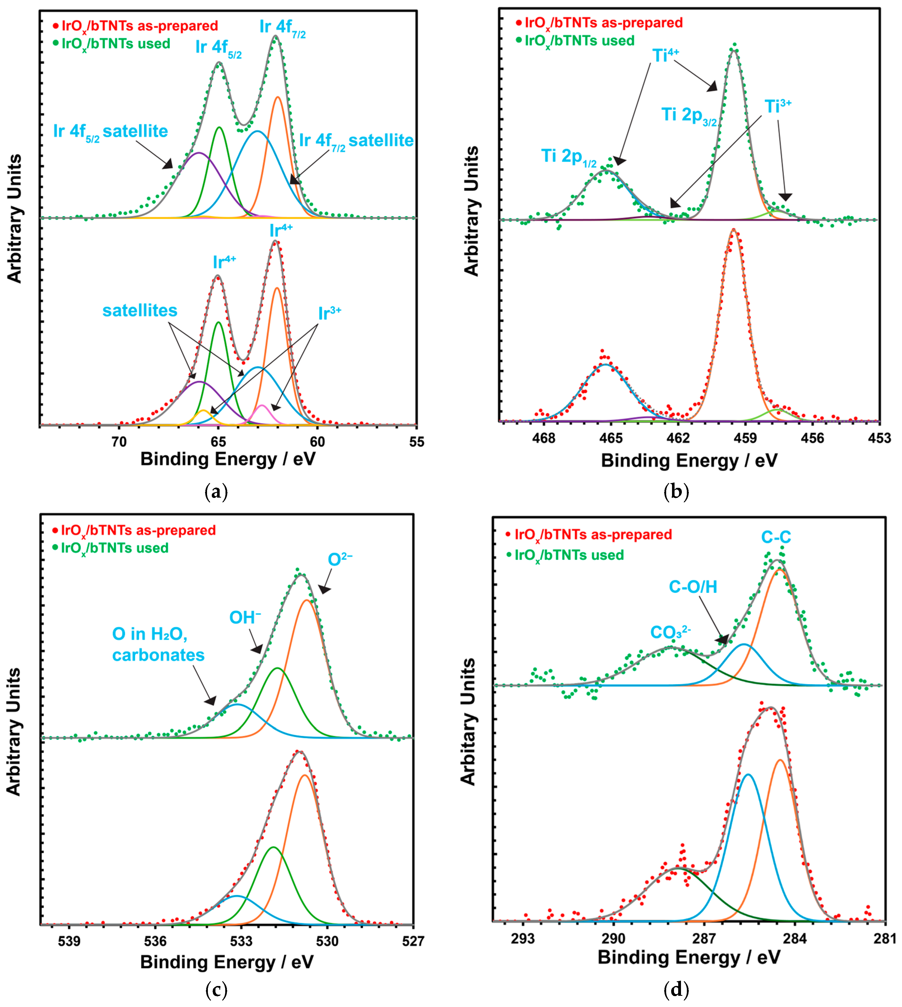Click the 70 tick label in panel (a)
click(x=119, y=442)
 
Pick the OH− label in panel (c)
click(x=245, y=617)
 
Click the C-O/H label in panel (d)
click(x=693, y=587)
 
